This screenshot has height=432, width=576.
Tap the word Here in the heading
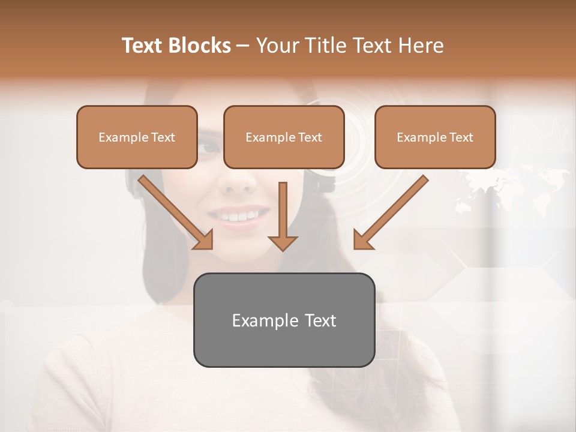point(421,46)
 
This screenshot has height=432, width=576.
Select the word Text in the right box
point(461,137)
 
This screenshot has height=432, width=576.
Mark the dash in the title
point(243,46)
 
